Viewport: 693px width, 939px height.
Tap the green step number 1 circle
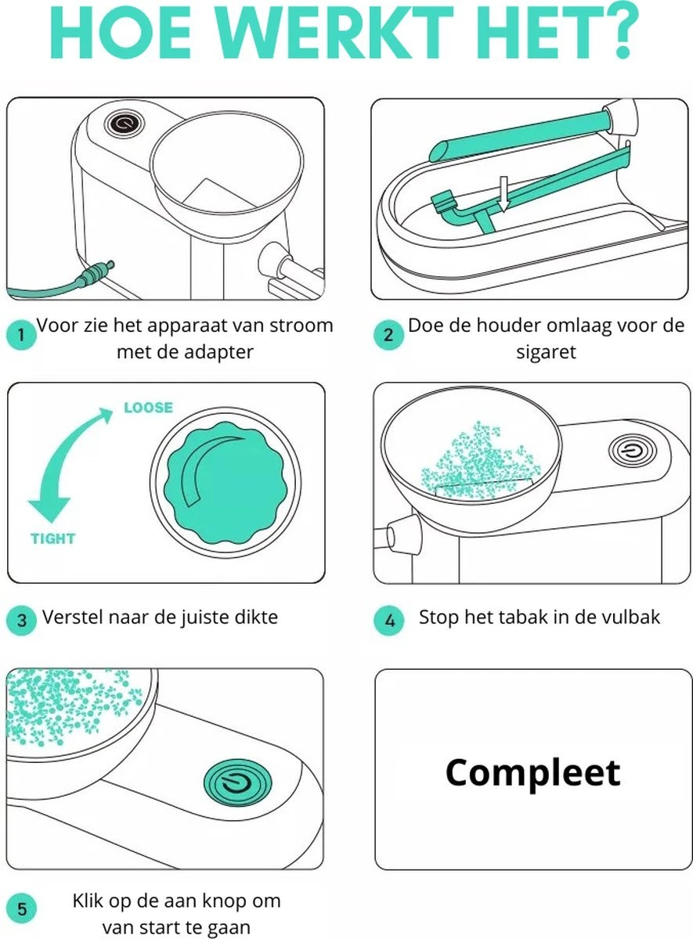point(21,335)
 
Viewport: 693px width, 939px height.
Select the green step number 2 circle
point(388,335)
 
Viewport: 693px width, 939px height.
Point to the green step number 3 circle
point(21,621)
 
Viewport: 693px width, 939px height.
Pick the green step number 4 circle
point(389,621)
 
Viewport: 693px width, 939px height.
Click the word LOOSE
point(149,408)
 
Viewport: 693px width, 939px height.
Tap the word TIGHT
point(53,538)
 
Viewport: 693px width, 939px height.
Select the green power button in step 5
point(237,783)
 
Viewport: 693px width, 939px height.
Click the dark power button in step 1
point(125,124)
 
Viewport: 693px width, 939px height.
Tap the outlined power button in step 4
point(632,451)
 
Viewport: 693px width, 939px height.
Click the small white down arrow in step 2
point(504,194)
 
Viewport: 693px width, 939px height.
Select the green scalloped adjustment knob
point(226,483)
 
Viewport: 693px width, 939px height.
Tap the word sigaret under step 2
point(546,351)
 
